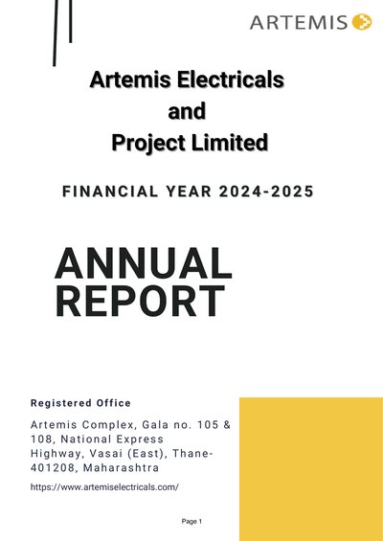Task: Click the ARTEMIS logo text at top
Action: tap(299, 22)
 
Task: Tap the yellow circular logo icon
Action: tap(362, 22)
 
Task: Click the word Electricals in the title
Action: tap(230, 79)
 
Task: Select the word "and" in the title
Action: tap(187, 111)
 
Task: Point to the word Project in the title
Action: tap(148, 144)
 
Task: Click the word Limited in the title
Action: tap(230, 143)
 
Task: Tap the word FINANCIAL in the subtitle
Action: tap(110, 192)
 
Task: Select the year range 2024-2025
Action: tap(266, 192)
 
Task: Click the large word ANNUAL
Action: tap(144, 263)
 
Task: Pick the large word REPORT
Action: tap(140, 301)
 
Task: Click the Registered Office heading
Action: tap(80, 403)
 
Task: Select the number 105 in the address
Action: tap(208, 425)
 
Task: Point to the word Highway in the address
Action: tap(56, 454)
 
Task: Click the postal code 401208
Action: tap(55, 468)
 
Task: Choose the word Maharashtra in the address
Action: tap(121, 468)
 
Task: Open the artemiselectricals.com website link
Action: tap(104, 487)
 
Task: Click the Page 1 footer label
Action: tap(191, 521)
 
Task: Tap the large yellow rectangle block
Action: tap(311, 469)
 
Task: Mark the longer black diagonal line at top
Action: tap(56, 33)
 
